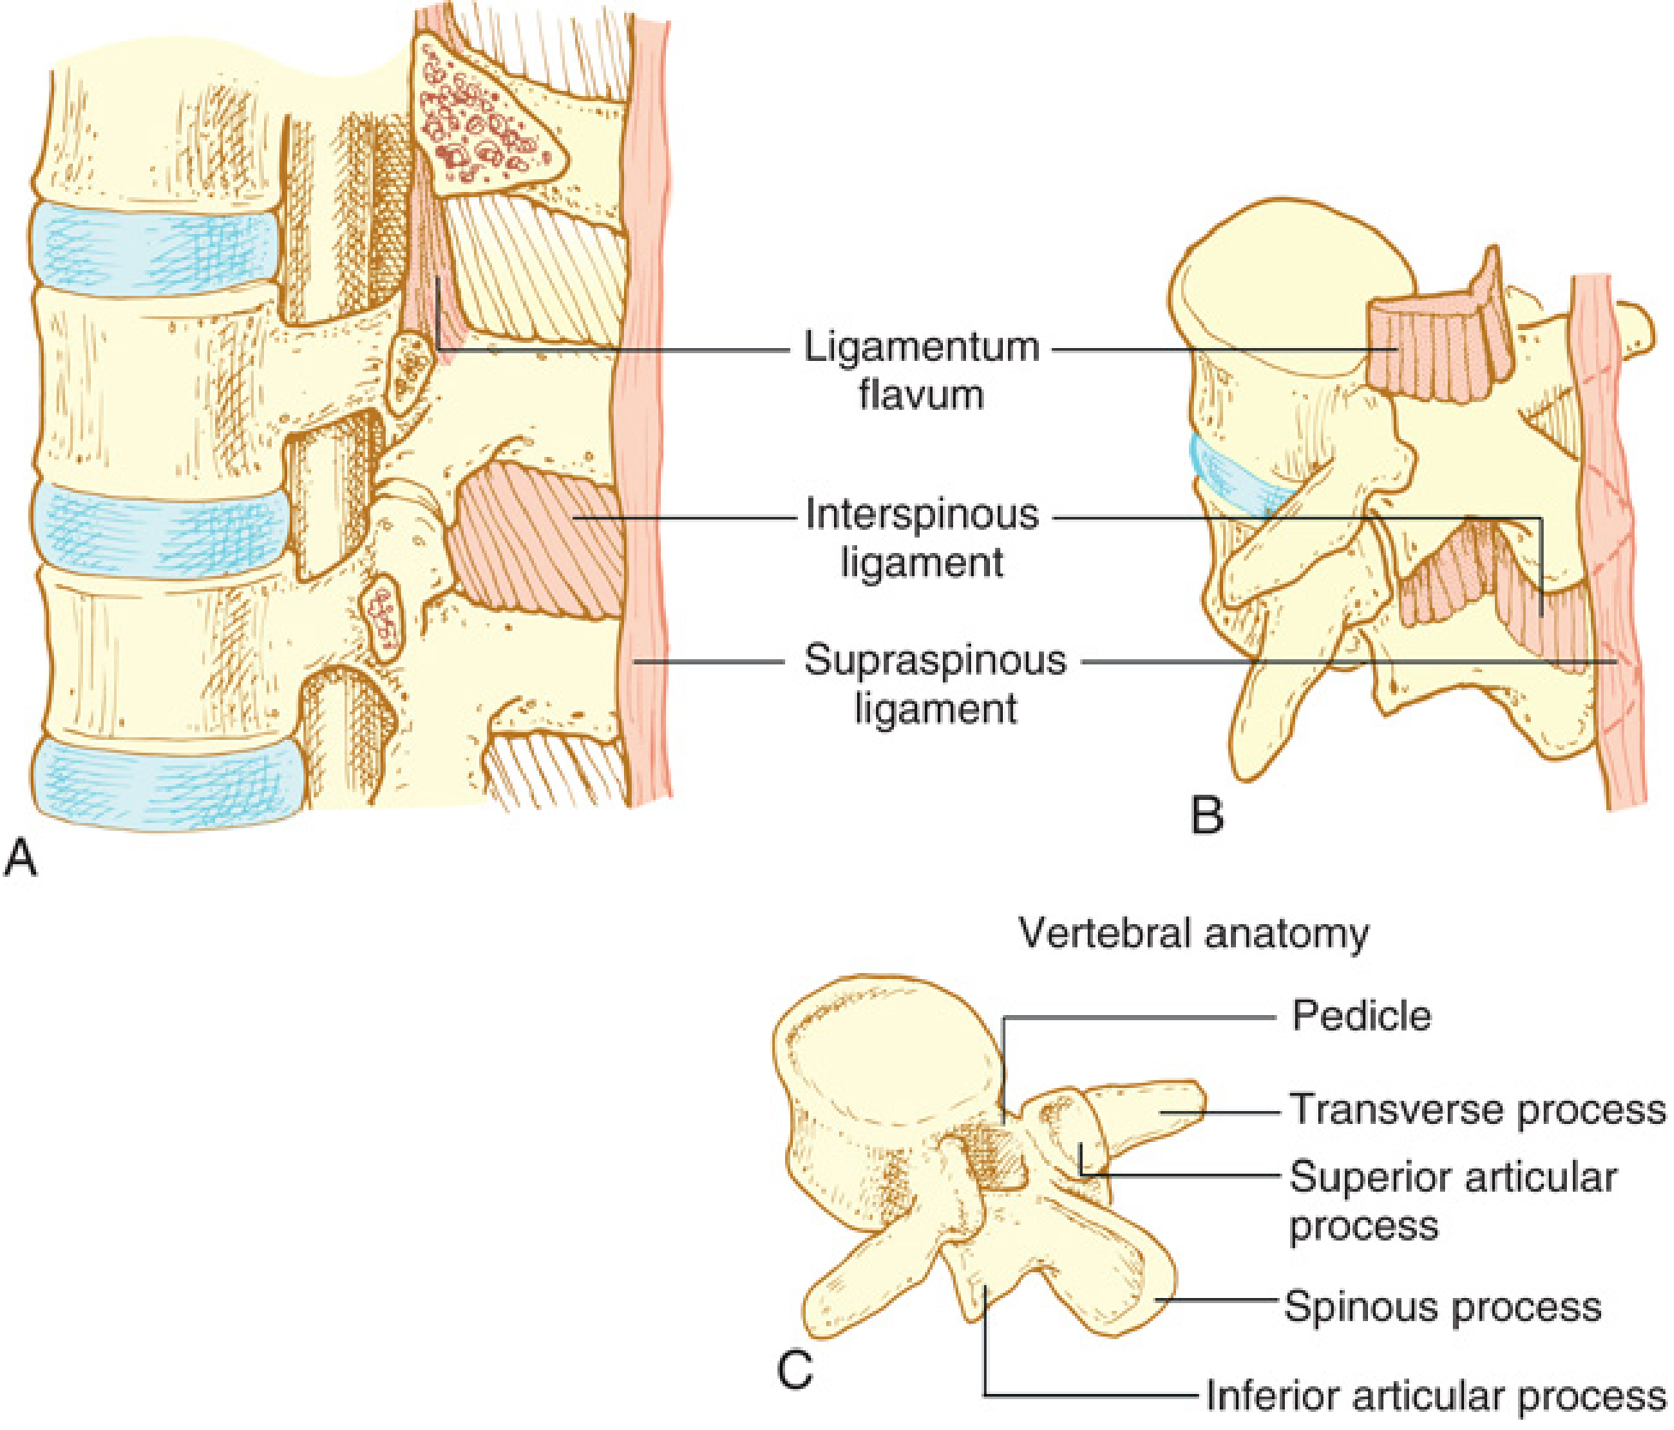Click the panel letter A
click(x=21, y=857)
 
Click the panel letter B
click(x=1207, y=814)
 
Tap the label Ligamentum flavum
click(x=921, y=370)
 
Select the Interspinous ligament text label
click(x=921, y=538)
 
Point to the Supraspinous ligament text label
click(x=935, y=683)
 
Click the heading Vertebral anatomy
click(x=1193, y=933)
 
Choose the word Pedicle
click(x=1361, y=1016)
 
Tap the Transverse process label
click(x=1478, y=1109)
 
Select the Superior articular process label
click(x=1452, y=1200)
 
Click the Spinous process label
click(x=1443, y=1307)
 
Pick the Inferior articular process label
click(x=1435, y=1396)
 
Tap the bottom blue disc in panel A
click(x=167, y=784)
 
